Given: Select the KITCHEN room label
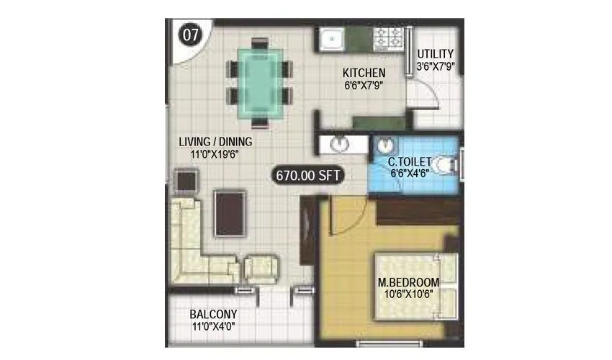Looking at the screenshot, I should pyautogui.click(x=364, y=73).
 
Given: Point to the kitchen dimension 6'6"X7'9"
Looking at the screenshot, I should pyautogui.click(x=363, y=85).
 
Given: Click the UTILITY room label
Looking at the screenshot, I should pyautogui.click(x=436, y=54).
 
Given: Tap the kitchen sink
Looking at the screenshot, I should pyautogui.click(x=332, y=37).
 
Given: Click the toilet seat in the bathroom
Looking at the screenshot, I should pyautogui.click(x=446, y=164).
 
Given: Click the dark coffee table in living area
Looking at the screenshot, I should pyautogui.click(x=230, y=213).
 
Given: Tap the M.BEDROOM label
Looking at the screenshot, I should pyautogui.click(x=408, y=282).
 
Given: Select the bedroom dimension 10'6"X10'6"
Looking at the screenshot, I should pyautogui.click(x=408, y=294).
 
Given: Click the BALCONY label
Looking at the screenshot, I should pyautogui.click(x=213, y=315).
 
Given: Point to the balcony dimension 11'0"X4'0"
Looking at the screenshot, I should pyautogui.click(x=213, y=327).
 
